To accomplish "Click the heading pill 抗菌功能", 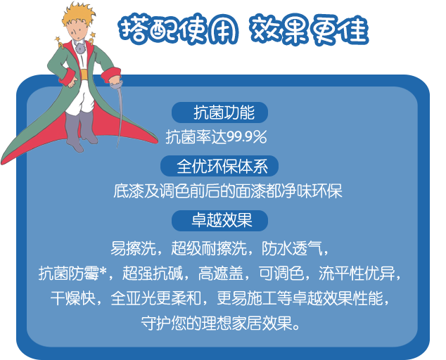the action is [x=219, y=112].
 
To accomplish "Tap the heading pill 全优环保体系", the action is [x=219, y=166].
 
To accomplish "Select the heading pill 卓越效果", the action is [x=219, y=221].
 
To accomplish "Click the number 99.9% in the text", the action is [x=247, y=137].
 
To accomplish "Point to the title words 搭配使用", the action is [x=179, y=30].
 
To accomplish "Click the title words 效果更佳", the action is [x=310, y=30].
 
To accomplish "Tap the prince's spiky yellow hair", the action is [x=78, y=13].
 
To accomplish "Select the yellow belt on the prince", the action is [x=84, y=75].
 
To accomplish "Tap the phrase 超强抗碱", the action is [x=153, y=274].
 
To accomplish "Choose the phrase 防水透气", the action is [x=292, y=248].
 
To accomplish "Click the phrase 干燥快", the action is [x=73, y=299].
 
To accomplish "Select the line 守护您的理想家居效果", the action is [x=220, y=323].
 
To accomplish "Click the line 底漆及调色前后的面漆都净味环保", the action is [x=227, y=191].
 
